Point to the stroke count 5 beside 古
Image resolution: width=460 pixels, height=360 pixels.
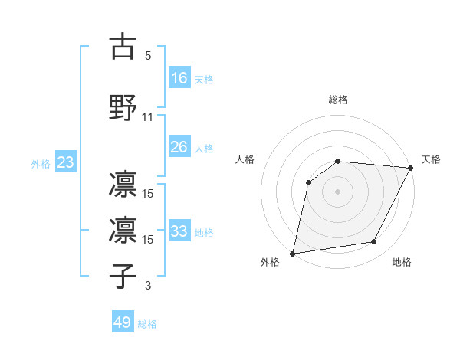click(148, 56)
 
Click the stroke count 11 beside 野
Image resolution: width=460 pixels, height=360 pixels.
click(148, 117)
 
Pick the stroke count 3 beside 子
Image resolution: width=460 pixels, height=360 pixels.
click(148, 286)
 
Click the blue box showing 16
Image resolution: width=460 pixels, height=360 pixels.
click(179, 77)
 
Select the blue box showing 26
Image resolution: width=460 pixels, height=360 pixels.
click(179, 146)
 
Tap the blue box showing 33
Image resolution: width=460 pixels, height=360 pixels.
click(179, 231)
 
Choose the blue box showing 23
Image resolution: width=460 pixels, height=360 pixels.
click(65, 163)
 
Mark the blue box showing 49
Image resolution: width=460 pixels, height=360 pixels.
click(123, 322)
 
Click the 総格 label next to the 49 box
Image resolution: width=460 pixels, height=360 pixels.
click(147, 324)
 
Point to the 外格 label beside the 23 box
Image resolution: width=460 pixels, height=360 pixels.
click(41, 164)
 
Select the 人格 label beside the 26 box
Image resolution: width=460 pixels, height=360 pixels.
click(204, 148)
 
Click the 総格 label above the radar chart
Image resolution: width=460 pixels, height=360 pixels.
click(338, 100)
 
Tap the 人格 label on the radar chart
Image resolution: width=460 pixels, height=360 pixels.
click(245, 159)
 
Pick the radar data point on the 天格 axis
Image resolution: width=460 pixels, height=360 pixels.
click(411, 168)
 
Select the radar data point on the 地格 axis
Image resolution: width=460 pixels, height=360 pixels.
click(374, 242)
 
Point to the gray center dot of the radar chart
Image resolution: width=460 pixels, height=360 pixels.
click(337, 191)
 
